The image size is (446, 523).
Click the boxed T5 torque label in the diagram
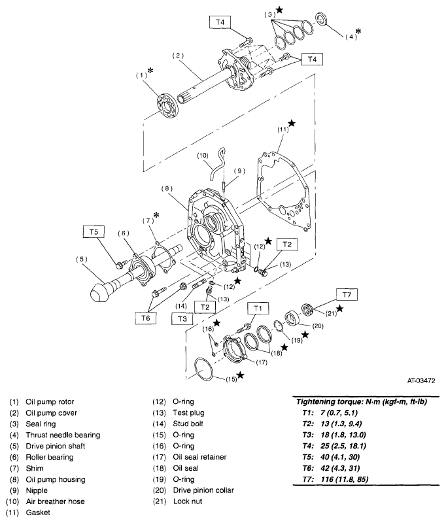click(92, 231)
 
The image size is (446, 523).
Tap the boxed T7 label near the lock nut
click(347, 294)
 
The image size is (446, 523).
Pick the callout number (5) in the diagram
click(82, 258)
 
